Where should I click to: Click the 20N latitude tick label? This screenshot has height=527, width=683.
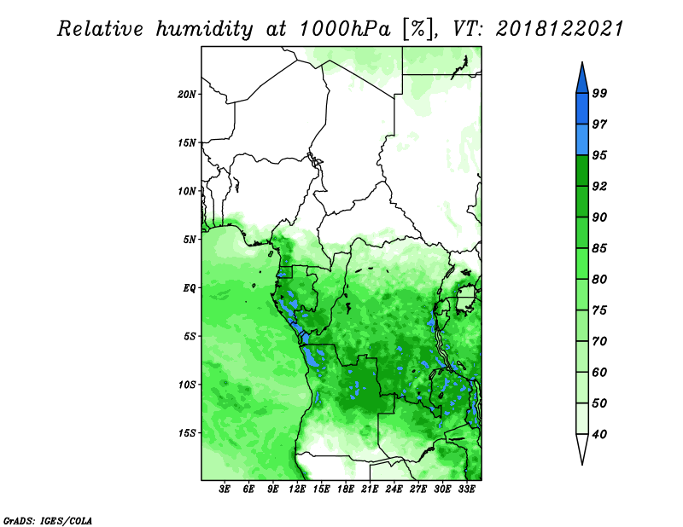pyautogui.click(x=187, y=95)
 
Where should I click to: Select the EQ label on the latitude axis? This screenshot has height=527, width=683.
pyautogui.click(x=190, y=288)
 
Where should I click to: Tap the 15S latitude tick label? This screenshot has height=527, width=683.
pyautogui.click(x=187, y=433)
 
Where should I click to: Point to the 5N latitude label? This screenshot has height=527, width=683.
pyautogui.click(x=190, y=240)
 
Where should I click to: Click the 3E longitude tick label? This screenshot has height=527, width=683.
pyautogui.click(x=225, y=489)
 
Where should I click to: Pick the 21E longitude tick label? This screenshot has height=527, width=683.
pyautogui.click(x=370, y=489)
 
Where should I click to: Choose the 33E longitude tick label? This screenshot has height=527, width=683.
pyautogui.click(x=466, y=489)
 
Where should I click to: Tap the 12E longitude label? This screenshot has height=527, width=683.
pyautogui.click(x=297, y=489)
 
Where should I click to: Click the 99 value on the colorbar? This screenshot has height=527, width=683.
pyautogui.click(x=599, y=94)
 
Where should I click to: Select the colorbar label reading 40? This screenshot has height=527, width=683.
pyautogui.click(x=599, y=434)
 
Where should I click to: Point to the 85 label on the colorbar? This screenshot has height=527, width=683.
pyautogui.click(x=599, y=248)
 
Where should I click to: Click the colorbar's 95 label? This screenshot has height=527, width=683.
pyautogui.click(x=599, y=155)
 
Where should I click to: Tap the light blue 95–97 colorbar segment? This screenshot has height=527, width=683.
pyautogui.click(x=582, y=140)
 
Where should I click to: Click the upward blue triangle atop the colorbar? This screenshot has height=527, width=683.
pyautogui.click(x=582, y=80)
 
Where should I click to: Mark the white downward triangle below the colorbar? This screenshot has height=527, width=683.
pyautogui.click(x=582, y=449)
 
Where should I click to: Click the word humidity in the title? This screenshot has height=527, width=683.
pyautogui.click(x=204, y=29)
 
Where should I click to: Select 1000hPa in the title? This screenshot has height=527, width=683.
pyautogui.click(x=344, y=29)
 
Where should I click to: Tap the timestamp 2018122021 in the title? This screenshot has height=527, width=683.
pyautogui.click(x=560, y=29)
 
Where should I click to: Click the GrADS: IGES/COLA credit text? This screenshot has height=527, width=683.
pyautogui.click(x=48, y=520)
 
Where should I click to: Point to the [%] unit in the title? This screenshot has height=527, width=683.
pyautogui.click(x=418, y=29)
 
